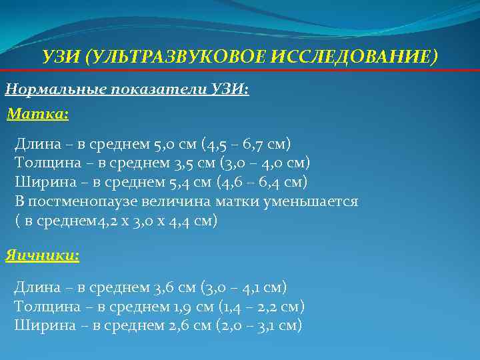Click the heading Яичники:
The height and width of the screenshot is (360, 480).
42,255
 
